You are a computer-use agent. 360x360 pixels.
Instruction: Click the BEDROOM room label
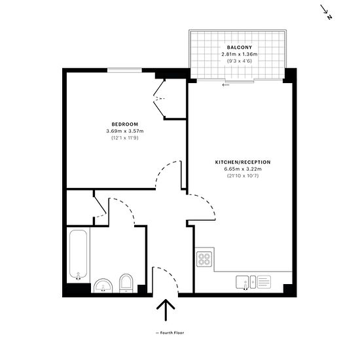[x=125, y=124]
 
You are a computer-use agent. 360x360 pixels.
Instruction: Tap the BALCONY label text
[x=240, y=48]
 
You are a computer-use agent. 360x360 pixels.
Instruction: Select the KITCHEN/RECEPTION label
[x=243, y=162]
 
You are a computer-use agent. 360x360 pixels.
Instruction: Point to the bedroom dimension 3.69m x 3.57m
[x=125, y=131]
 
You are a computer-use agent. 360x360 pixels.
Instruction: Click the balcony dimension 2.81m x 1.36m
[x=240, y=54]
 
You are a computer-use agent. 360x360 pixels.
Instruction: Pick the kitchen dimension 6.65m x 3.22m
[x=243, y=169]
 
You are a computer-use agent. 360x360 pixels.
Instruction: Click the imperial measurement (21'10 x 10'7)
[x=243, y=176]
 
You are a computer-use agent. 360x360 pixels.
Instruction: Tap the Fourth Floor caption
[x=170, y=333]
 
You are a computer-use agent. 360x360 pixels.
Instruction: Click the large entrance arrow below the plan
[x=166, y=310]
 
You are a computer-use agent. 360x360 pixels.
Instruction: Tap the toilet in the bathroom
[x=126, y=283]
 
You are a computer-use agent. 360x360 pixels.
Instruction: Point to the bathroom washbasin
[x=103, y=286]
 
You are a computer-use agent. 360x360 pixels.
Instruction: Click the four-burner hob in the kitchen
[x=204, y=259]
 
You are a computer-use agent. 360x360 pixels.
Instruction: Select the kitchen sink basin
[x=242, y=282]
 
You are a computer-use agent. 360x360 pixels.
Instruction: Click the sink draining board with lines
[x=264, y=282]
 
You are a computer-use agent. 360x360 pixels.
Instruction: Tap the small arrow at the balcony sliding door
[x=226, y=85]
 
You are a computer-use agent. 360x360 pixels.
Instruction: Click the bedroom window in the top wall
[x=124, y=70]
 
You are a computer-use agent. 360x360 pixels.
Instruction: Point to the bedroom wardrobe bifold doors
[x=159, y=99]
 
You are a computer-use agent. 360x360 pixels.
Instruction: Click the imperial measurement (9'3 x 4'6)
[x=240, y=61]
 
